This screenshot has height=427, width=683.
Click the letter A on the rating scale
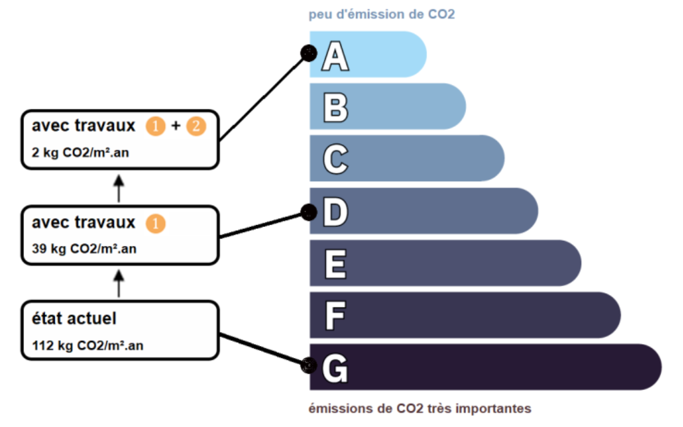click(x=335, y=56)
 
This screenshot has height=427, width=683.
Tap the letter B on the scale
click(x=335, y=108)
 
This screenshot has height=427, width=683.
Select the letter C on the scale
click(x=335, y=159)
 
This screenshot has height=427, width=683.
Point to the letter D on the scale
click(x=335, y=212)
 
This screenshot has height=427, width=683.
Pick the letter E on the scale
click(x=335, y=264)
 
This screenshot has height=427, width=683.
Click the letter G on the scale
click(x=335, y=368)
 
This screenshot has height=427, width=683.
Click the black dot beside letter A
click(x=309, y=54)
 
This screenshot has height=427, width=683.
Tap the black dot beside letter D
click(x=309, y=212)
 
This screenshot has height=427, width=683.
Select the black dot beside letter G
click(x=309, y=366)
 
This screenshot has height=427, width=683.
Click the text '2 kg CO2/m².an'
click(x=80, y=153)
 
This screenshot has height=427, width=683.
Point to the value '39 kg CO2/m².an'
click(x=84, y=249)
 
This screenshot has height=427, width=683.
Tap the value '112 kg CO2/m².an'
click(x=88, y=345)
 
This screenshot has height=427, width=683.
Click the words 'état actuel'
click(x=74, y=319)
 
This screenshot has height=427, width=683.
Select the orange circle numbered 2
click(x=196, y=126)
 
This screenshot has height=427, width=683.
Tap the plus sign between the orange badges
click(x=176, y=126)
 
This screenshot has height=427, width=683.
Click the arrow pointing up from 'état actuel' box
click(x=119, y=283)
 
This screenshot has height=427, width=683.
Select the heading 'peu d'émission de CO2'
click(x=382, y=15)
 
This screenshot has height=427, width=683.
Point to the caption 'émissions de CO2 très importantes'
click(x=420, y=409)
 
